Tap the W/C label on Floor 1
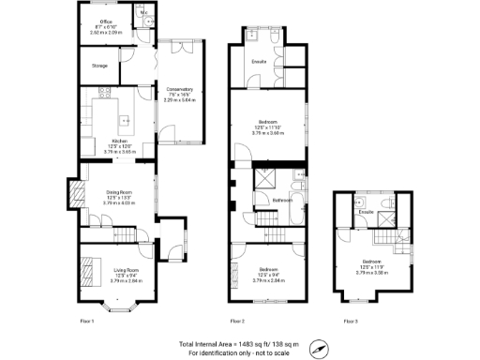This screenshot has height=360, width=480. [x=143, y=12]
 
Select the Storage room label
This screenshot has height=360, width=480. [x=99, y=66]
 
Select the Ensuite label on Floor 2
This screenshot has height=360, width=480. [x=260, y=62]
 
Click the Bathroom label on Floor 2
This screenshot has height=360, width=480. [x=282, y=201]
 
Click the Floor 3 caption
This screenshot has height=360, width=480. [x=350, y=321]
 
